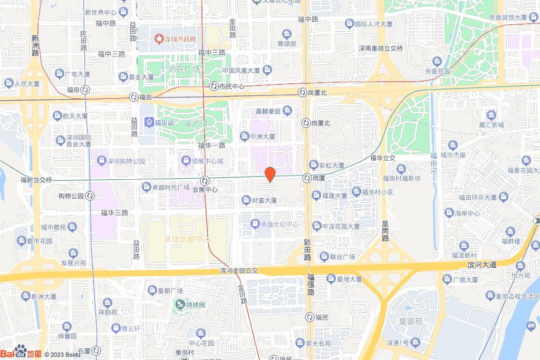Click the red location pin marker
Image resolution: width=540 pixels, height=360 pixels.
(x=269, y=174)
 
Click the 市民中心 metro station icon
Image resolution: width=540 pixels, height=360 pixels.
(x=214, y=86)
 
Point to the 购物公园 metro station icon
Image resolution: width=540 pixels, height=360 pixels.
(x=90, y=196)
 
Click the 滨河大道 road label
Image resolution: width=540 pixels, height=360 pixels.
(x=482, y=264)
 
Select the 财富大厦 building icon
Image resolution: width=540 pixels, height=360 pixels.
(x=246, y=200)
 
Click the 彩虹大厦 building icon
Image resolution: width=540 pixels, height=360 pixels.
(x=314, y=164)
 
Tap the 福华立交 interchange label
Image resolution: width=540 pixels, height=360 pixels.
(x=383, y=158)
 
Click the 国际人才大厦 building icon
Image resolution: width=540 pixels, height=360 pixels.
(x=349, y=23)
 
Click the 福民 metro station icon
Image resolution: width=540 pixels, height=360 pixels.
(x=310, y=317)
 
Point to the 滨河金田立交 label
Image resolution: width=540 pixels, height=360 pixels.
(x=238, y=270)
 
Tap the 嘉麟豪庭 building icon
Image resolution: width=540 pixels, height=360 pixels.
(x=287, y=110)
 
